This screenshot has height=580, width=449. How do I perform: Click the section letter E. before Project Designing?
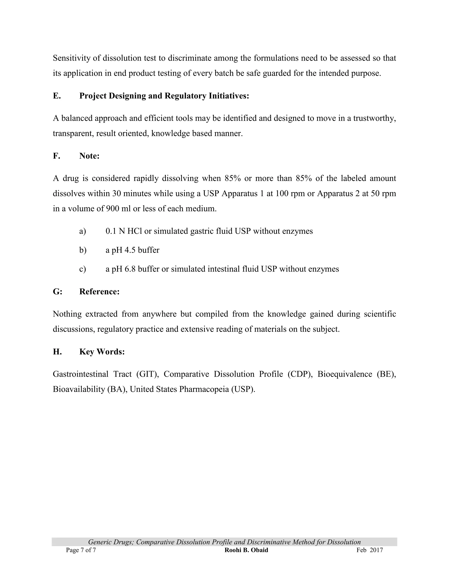tap(57, 96)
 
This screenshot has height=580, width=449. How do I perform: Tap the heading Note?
tap(89, 156)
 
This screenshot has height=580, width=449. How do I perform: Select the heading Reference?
tap(99, 292)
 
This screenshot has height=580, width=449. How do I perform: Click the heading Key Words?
tap(102, 352)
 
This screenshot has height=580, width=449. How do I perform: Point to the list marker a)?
tap(83, 231)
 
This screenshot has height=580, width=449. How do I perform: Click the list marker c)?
tap(83, 269)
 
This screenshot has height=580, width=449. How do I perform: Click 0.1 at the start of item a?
tap(111, 231)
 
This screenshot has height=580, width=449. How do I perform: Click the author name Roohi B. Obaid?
tap(246, 550)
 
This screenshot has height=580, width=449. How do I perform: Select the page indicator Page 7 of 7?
tap(81, 550)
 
